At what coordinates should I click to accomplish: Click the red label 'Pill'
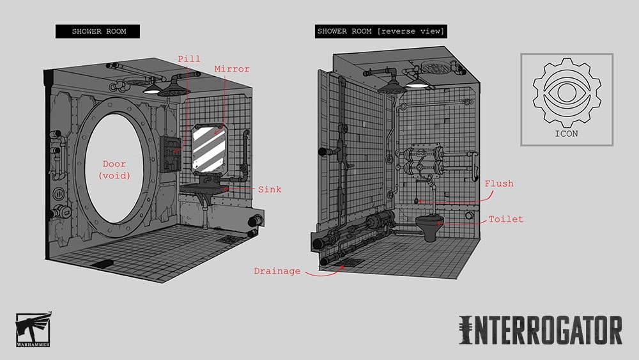point(189,59)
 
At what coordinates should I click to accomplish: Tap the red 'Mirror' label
point(232,69)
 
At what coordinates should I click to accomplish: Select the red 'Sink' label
point(270,189)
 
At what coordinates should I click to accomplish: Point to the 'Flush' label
point(499,184)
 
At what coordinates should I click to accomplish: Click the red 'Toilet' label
point(505,219)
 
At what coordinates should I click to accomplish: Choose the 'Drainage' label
point(277,271)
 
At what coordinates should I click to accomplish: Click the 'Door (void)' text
point(114,169)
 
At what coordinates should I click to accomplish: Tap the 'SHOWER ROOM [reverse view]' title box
point(381,31)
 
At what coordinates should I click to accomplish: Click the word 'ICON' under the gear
point(566,134)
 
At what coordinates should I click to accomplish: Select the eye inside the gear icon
point(566,93)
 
